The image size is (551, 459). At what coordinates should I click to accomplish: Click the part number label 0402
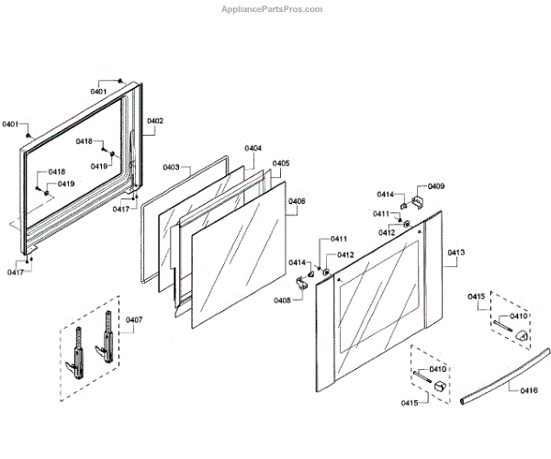[155, 121]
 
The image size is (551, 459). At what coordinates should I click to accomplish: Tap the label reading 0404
[253, 148]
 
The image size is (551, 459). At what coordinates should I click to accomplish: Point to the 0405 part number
[281, 163]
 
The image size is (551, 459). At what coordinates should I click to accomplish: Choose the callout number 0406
[297, 201]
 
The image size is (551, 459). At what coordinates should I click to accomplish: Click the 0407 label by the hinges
[134, 319]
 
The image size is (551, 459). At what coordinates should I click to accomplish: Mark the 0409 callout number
[436, 186]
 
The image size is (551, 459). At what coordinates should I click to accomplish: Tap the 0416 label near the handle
[528, 391]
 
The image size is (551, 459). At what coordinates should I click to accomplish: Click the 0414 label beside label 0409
[384, 195]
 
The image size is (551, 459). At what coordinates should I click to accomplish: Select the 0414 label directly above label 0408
[297, 263]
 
